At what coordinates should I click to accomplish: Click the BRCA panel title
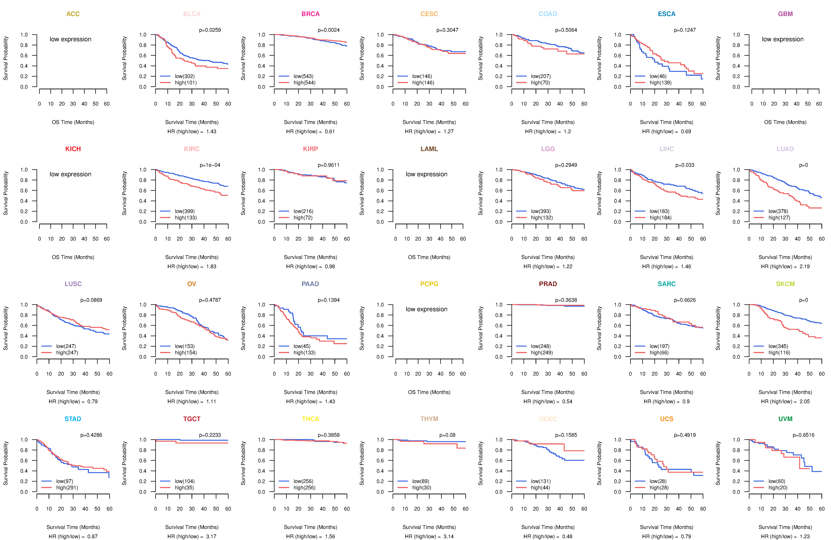click(310, 14)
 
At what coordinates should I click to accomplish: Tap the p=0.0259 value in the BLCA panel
click(210, 30)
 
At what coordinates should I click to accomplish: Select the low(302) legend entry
click(185, 76)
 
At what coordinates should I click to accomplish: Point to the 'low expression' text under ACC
click(70, 39)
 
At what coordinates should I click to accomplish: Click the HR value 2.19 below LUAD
click(804, 266)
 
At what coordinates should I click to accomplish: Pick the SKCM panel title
click(785, 284)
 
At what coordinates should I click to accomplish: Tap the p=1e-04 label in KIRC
click(210, 165)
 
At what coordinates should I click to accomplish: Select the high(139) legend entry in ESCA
click(660, 83)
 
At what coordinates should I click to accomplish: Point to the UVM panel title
click(785, 419)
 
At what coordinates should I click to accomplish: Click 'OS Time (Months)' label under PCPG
click(429, 392)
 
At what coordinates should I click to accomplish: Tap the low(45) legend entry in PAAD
click(302, 346)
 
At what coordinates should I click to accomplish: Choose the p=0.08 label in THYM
click(447, 435)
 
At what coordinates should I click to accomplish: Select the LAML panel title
click(429, 149)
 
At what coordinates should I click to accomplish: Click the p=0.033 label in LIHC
click(685, 165)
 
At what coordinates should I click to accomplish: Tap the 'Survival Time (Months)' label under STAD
click(73, 527)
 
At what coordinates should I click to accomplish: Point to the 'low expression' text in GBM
click(783, 39)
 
